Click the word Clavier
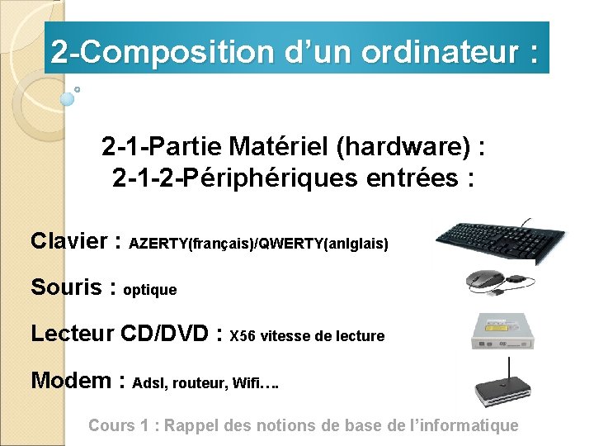69,242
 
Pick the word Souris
66,287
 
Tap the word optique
149,290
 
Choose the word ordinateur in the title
429,52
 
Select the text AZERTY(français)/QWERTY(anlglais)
259,244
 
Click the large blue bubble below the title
68,99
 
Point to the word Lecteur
72,334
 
